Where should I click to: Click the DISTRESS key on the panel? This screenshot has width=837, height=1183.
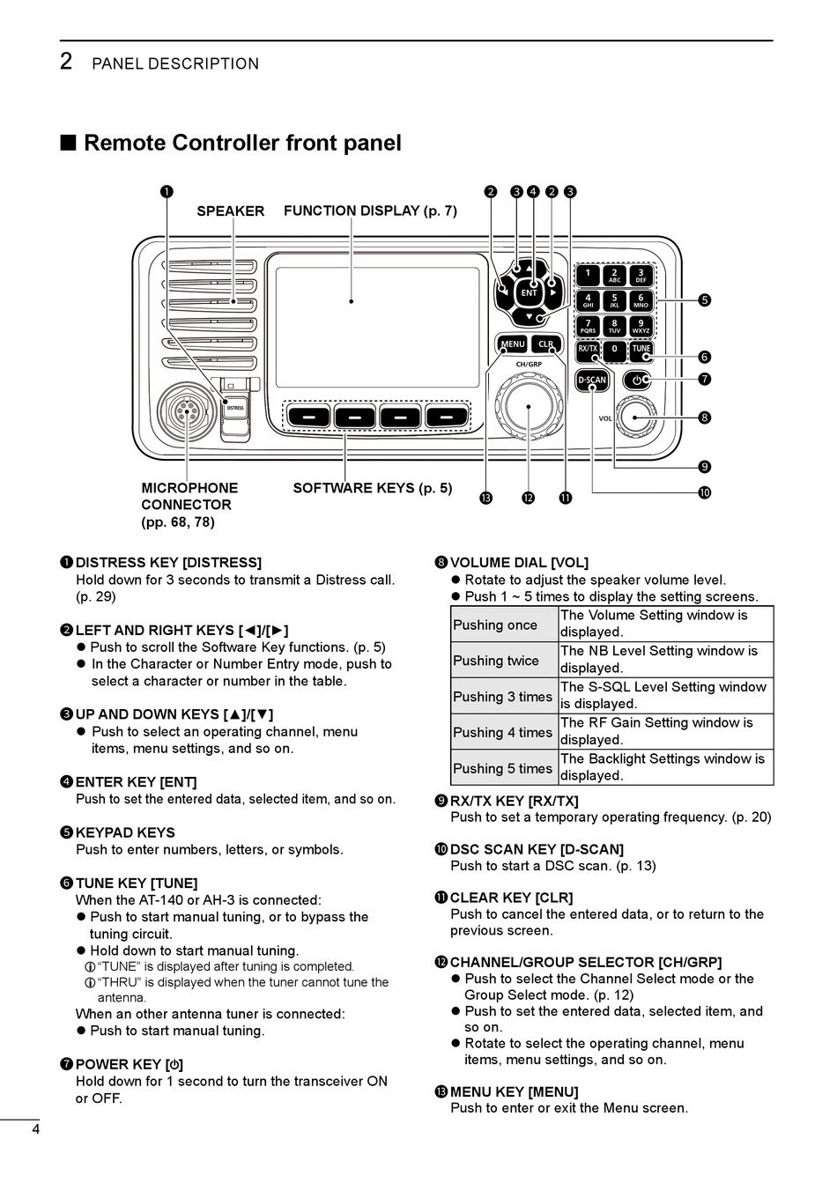234,408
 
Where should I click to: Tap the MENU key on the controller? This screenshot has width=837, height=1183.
513,344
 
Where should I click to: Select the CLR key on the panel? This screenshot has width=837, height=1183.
546,344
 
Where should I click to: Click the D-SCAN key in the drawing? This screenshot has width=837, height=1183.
591,381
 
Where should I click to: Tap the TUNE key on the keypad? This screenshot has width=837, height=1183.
641,350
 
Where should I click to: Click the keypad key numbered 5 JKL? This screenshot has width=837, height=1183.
614,300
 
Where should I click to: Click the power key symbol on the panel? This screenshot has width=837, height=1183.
637,381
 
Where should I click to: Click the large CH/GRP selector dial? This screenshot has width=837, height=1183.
529,406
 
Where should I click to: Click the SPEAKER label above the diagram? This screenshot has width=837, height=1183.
230,211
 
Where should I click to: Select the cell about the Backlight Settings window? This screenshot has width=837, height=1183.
665,767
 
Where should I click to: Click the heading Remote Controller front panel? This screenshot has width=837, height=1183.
242,144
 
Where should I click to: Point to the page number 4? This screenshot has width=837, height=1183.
35,1130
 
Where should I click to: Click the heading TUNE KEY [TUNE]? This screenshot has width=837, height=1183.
137,884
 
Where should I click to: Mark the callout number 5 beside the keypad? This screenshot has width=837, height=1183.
704,300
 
